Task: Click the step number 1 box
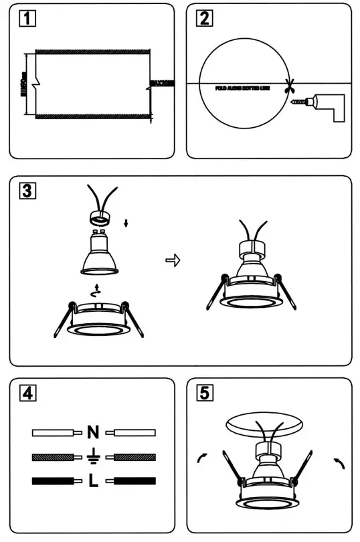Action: pyautogui.click(x=26, y=18)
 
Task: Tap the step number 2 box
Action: pyautogui.click(x=203, y=18)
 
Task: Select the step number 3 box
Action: pyautogui.click(x=26, y=191)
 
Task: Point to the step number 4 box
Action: pyautogui.click(x=26, y=393)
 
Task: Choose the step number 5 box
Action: pyautogui.click(x=203, y=393)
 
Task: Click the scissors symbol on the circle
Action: pyautogui.click(x=289, y=85)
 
